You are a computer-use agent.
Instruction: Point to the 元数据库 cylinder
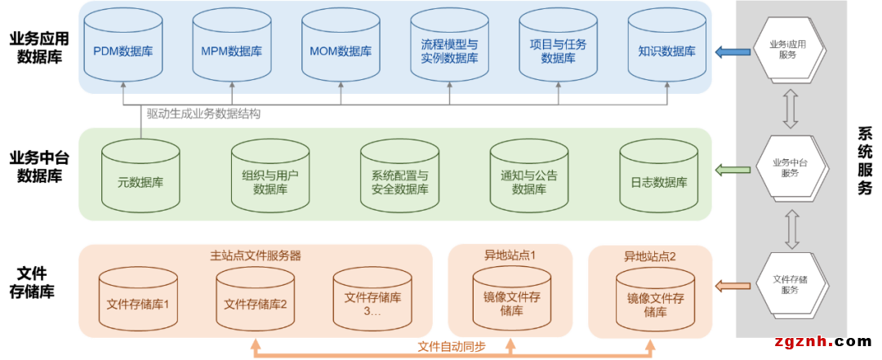(x=140, y=176)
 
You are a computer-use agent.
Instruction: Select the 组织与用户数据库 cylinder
(x=269, y=176)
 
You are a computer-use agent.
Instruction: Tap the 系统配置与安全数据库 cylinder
(x=399, y=176)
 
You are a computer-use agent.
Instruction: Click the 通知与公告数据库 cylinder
(x=528, y=176)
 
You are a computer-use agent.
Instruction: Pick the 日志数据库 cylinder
(x=658, y=176)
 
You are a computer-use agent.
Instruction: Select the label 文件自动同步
(x=452, y=346)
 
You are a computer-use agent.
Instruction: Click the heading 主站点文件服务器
(x=256, y=256)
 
